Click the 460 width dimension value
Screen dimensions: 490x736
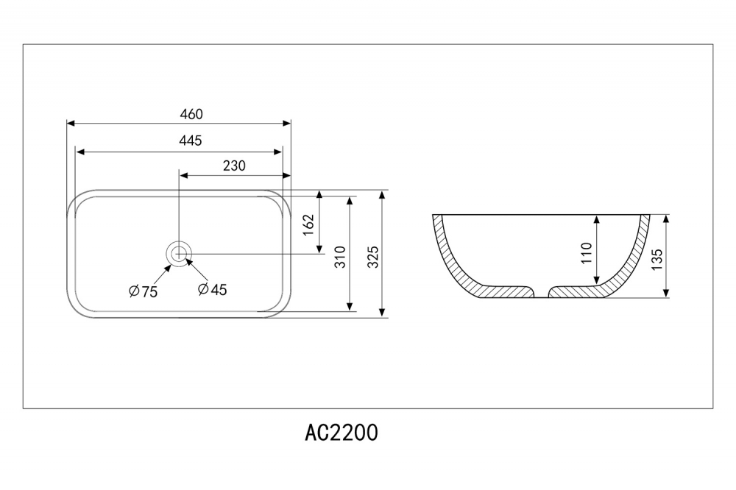[191, 114]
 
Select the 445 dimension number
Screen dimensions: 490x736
[191, 141]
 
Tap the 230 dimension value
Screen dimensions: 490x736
[233, 166]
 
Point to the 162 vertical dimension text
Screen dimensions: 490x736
[309, 224]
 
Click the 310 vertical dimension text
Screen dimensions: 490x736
[340, 255]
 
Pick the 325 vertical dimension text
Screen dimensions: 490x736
[372, 255]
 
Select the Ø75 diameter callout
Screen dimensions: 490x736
[143, 291]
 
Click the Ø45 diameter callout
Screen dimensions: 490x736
[212, 290]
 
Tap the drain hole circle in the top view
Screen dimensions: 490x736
[179, 254]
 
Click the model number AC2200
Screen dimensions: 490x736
[342, 433]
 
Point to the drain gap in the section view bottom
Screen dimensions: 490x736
[541, 294]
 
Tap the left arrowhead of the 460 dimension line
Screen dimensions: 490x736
[71, 124]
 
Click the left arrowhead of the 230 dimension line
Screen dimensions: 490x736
[184, 177]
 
